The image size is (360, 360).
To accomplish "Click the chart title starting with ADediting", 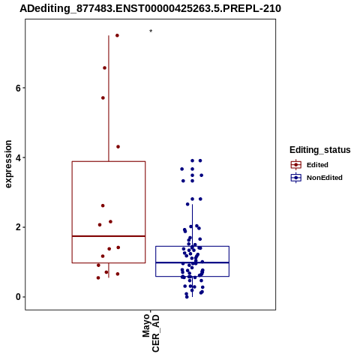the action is coord(150,8).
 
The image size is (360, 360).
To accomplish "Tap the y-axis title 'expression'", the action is coord(8,164).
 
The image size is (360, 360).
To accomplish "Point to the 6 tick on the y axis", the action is coord(18,88).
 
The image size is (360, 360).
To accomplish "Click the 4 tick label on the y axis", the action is coord(18,157).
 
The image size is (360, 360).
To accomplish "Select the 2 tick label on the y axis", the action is coord(18,227).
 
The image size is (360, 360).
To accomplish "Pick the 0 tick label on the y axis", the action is coord(18,297).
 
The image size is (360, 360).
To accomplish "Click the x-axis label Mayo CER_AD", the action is coord(151,333).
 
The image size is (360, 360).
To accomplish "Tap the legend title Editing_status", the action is coord(320,150).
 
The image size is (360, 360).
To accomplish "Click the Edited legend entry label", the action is coord(317,165).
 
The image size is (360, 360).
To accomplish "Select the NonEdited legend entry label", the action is coord(325,178).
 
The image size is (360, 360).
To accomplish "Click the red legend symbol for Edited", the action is coord(296,165).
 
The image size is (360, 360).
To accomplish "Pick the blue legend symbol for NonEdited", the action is coord(296,178).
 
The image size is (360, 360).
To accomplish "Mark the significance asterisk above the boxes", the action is coord(151,31).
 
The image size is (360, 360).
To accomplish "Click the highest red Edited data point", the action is coord(117,35).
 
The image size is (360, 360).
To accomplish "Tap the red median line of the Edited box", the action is coord(109,236).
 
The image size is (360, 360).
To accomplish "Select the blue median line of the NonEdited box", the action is coord(192,262).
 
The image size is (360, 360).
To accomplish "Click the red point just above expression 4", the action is coord(118,147).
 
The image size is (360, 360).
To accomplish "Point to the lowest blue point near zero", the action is coord(187,297).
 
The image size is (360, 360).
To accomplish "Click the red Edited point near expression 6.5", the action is coord(104,68).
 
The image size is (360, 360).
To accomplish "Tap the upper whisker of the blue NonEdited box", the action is coord(192,226).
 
